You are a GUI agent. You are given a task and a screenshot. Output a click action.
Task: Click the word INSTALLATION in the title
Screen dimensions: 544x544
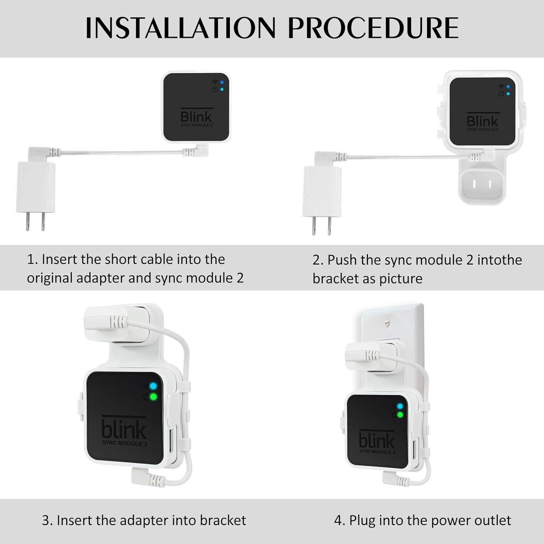180,28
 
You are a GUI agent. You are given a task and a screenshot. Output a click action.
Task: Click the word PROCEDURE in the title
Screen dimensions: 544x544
373,28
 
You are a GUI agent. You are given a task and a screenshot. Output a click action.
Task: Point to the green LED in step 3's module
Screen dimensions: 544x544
153,397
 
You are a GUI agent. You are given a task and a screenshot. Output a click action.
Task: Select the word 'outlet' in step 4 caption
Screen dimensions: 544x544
491,520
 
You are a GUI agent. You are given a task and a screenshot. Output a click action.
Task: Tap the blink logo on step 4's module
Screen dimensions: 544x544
376,440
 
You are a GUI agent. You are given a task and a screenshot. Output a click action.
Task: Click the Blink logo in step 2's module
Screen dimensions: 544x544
482,121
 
